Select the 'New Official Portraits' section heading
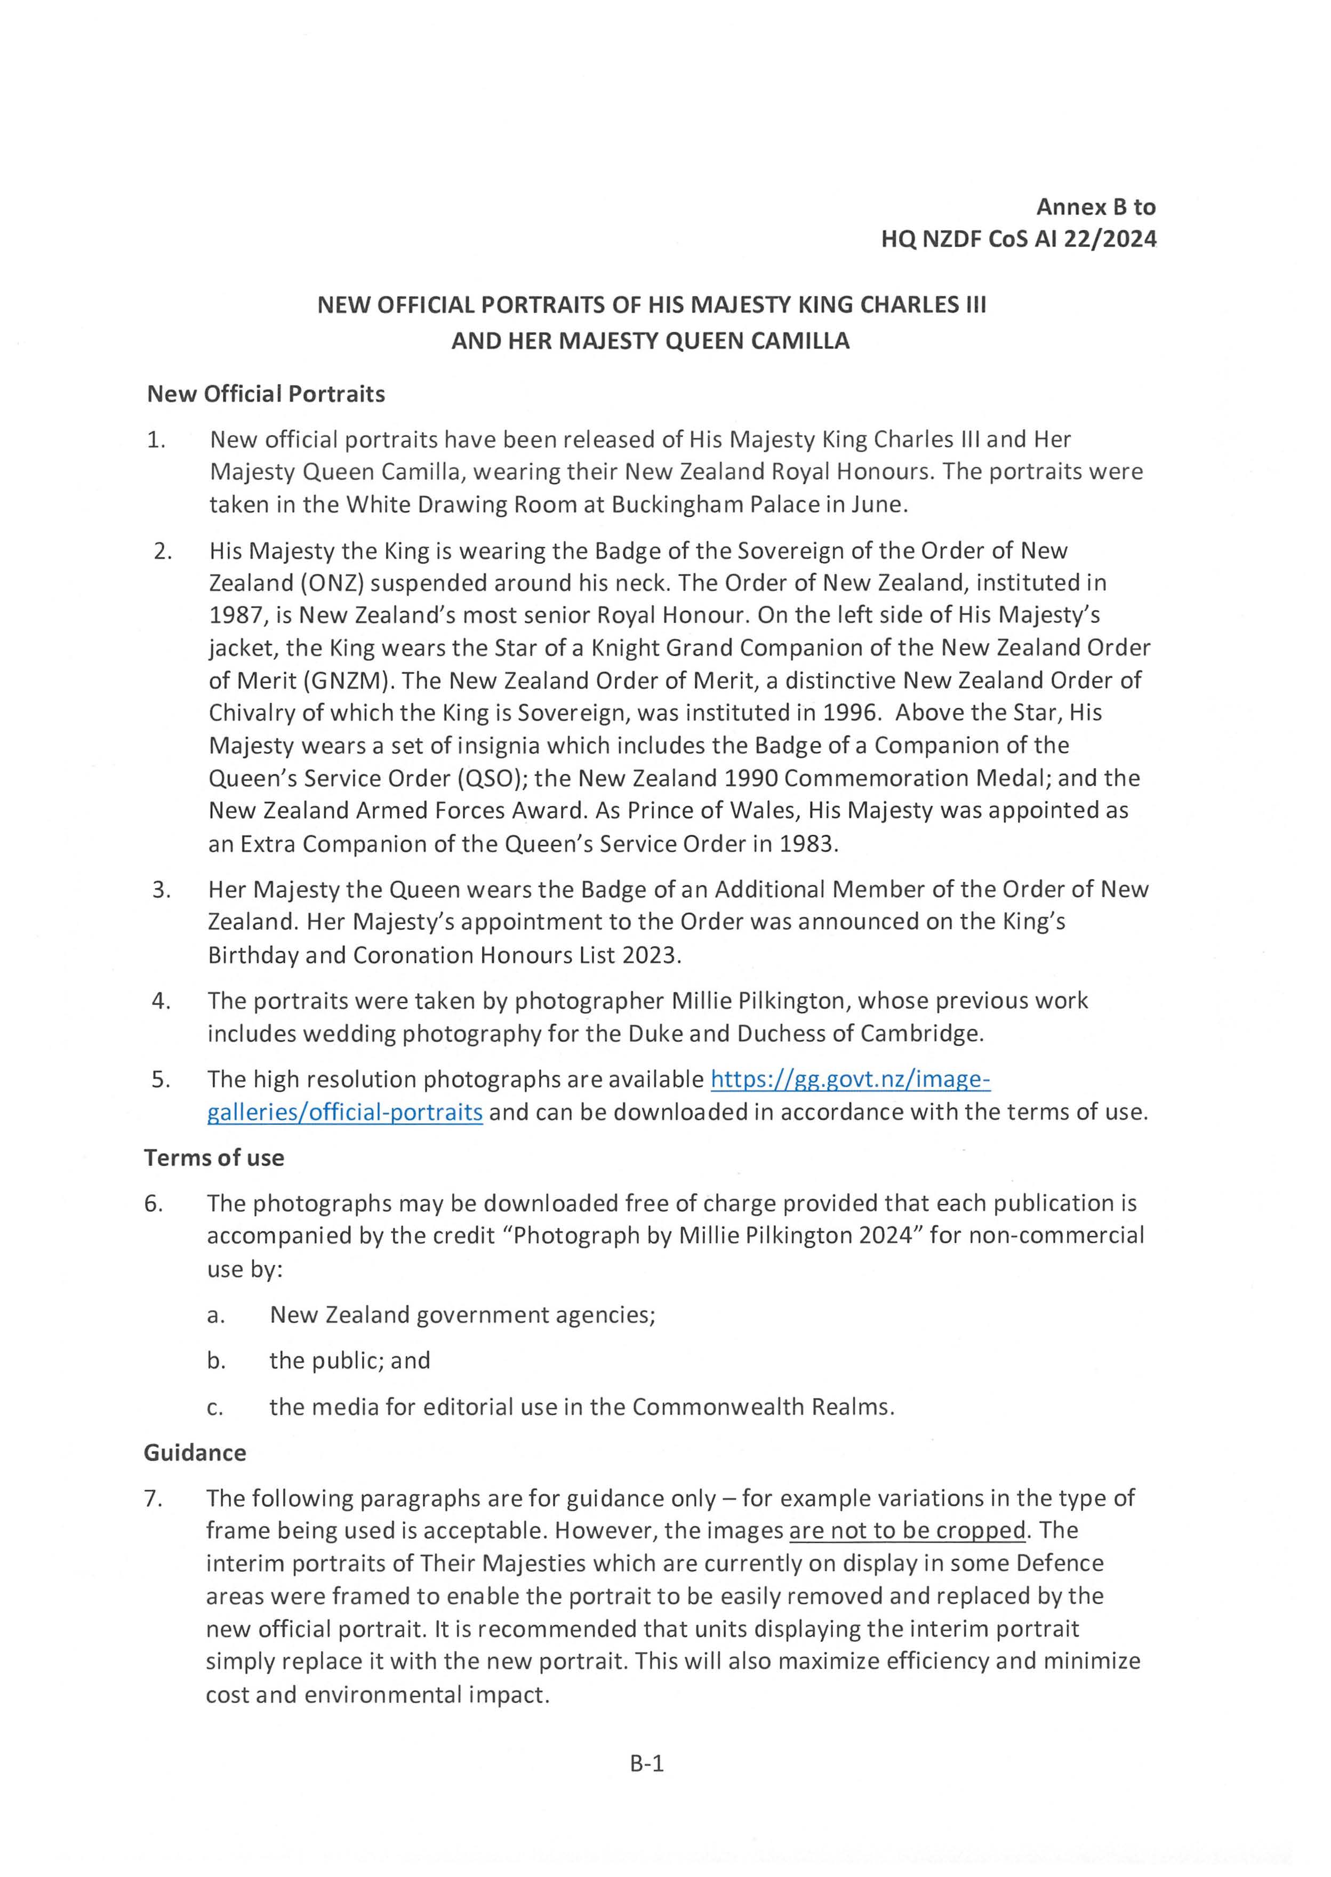click(266, 394)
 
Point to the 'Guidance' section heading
click(195, 1452)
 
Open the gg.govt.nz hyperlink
click(850, 1080)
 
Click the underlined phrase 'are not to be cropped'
click(907, 1530)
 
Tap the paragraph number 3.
click(162, 889)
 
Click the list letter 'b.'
click(217, 1361)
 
